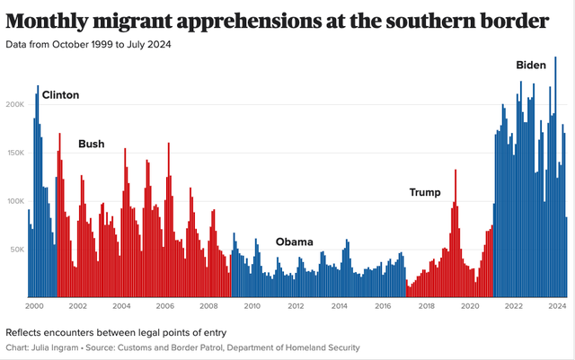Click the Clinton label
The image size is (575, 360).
(x=61, y=95)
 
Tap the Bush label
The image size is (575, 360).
(x=91, y=144)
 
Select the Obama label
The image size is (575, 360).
(x=294, y=242)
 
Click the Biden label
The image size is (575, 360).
(x=530, y=65)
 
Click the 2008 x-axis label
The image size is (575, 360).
(x=208, y=306)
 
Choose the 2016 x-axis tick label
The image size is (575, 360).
(x=383, y=306)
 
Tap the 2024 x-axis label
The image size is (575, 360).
(x=557, y=306)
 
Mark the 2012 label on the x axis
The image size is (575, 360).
(x=296, y=306)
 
